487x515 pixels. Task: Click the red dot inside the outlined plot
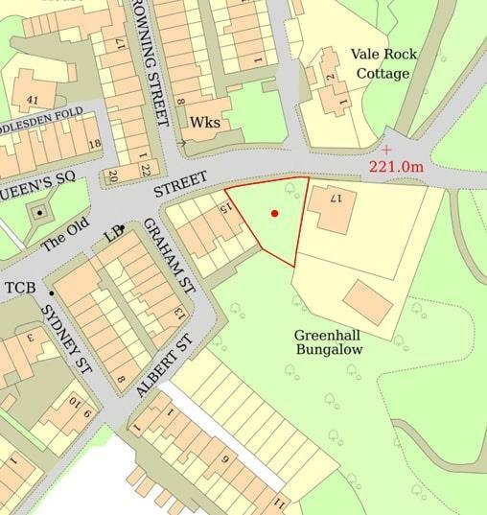click(275, 213)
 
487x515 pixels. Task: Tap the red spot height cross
click(386, 151)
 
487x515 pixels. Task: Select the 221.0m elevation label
click(397, 167)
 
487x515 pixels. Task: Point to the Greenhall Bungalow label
click(332, 342)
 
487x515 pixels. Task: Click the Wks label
click(205, 123)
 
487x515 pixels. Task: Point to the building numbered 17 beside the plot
click(333, 204)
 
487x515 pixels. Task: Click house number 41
click(32, 99)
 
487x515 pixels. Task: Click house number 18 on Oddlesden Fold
click(93, 144)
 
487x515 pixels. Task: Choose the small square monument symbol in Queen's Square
click(39, 211)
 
